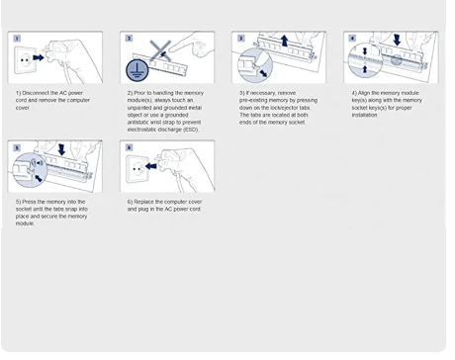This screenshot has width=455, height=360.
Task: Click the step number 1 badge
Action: tap(17, 39)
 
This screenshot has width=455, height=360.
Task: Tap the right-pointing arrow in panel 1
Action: tap(39, 57)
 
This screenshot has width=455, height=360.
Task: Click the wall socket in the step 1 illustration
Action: tap(24, 60)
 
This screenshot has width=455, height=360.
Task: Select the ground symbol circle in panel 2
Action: tap(136, 70)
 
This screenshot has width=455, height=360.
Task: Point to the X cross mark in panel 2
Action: tap(160, 50)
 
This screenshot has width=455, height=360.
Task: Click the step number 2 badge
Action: tap(129, 39)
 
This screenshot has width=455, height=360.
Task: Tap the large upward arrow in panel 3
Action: tap(284, 42)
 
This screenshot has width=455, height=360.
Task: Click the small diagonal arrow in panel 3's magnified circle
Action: tap(263, 73)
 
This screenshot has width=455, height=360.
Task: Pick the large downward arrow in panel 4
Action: tap(397, 40)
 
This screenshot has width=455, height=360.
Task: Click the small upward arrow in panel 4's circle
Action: tap(365, 68)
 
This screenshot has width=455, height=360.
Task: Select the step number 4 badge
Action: tap(352, 39)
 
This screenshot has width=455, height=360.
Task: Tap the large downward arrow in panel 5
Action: tap(61, 149)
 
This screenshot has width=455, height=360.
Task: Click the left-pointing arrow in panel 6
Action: tap(151, 166)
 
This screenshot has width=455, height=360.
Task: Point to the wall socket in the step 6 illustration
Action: tap(136, 169)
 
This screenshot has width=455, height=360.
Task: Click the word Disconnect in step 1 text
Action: tap(36, 93)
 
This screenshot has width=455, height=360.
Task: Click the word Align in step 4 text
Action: tap(364, 93)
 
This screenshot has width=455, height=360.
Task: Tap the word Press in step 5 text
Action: tap(29, 202)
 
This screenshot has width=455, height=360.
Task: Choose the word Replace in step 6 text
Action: tap(143, 202)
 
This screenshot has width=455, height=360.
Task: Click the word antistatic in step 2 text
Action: tap(138, 123)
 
